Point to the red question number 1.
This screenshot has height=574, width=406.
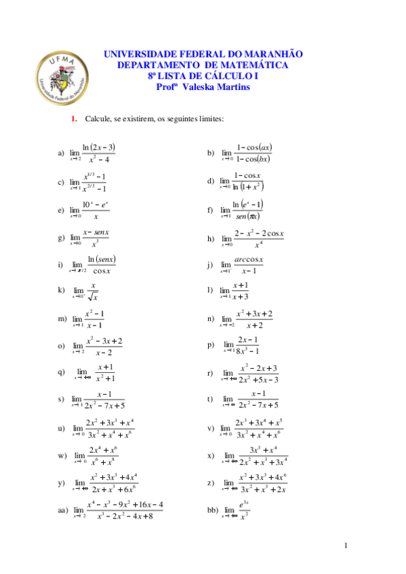click(75, 120)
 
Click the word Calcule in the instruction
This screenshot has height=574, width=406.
click(98, 120)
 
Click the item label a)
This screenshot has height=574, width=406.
click(61, 153)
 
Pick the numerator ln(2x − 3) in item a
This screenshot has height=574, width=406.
click(99, 147)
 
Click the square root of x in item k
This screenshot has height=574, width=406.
click(94, 296)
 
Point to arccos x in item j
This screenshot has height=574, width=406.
click(249, 260)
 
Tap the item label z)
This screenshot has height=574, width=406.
click(210, 482)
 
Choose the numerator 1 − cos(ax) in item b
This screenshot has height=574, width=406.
click(254, 147)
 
